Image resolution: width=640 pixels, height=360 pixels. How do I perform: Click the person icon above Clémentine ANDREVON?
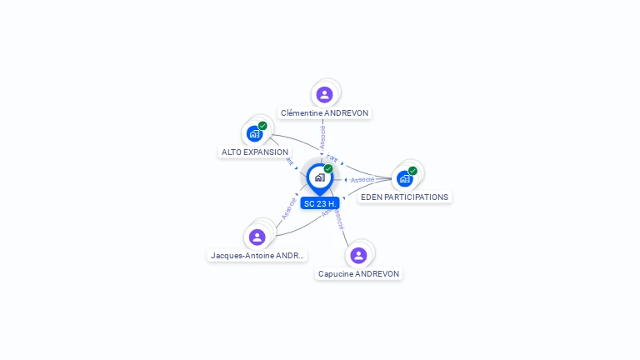[325, 94]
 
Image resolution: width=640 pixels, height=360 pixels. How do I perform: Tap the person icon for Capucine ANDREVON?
[358, 255]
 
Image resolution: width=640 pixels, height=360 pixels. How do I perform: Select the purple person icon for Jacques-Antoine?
[257, 237]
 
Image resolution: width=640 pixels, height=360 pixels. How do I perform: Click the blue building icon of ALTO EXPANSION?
[254, 133]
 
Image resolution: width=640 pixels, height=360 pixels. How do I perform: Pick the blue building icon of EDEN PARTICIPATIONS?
[404, 178]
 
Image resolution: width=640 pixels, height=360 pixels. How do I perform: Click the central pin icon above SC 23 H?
[319, 177]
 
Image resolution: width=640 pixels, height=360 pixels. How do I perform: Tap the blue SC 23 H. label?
[320, 203]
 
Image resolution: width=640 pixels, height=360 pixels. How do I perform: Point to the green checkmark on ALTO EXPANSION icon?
[262, 126]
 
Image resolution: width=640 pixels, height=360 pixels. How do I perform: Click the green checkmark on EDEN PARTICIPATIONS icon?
[412, 171]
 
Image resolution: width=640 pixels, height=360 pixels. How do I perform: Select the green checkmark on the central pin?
[328, 168]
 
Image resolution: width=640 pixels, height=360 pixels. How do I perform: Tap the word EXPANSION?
[263, 152]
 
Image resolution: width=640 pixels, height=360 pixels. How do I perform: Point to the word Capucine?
[336, 274]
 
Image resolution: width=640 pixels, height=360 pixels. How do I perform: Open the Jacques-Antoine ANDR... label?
[258, 256]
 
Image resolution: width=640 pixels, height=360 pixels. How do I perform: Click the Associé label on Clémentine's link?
[322, 137]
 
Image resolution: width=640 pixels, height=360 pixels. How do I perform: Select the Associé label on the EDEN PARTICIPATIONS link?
[362, 179]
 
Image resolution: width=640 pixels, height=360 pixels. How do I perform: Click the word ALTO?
[230, 152]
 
